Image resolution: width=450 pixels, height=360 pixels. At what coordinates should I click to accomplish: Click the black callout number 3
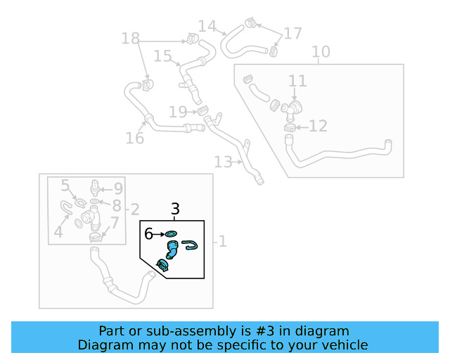click(x=176, y=209)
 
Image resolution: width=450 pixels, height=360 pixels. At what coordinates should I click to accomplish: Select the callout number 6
click(x=149, y=233)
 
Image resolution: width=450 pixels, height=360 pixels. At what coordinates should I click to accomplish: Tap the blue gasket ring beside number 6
click(x=172, y=234)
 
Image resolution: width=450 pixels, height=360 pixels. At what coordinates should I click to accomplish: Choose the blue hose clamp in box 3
click(x=163, y=265)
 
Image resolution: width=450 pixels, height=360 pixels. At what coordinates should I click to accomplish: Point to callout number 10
click(x=320, y=52)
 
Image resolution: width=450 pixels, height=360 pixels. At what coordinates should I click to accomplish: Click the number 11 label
click(x=297, y=81)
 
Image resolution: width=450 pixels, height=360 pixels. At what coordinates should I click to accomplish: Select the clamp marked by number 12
click(x=290, y=128)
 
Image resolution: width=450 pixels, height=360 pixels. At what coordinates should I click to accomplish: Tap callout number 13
click(x=223, y=162)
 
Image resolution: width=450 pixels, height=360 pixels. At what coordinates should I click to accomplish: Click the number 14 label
click(x=207, y=27)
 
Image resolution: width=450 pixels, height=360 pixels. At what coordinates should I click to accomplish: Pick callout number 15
click(x=162, y=56)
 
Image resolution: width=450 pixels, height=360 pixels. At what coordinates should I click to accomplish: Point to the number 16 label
click(x=134, y=138)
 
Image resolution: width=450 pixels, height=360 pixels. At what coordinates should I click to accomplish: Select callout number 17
click(x=292, y=33)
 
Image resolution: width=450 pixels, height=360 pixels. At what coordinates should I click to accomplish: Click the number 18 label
click(x=130, y=38)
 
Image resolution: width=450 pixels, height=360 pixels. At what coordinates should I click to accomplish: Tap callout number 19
click(x=178, y=112)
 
